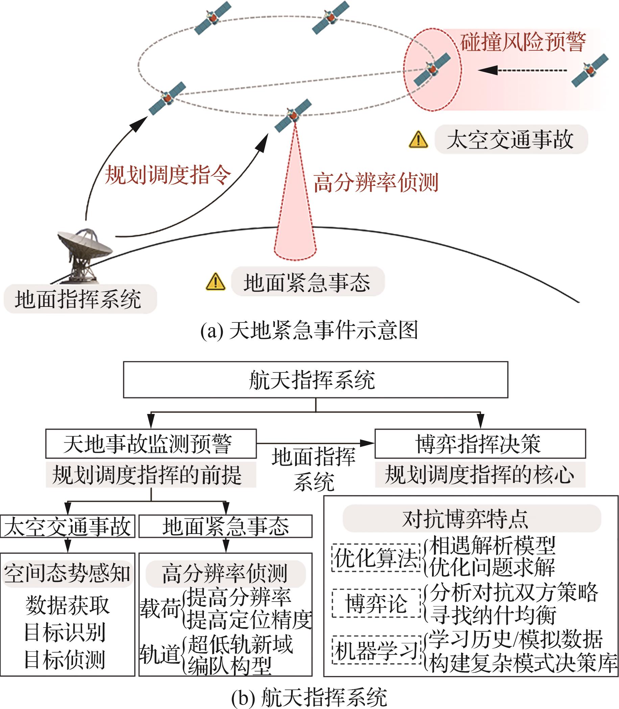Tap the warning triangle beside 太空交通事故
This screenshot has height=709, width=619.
(x=418, y=140)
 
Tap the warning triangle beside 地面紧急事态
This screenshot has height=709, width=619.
(x=215, y=282)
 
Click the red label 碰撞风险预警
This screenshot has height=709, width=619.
(x=523, y=42)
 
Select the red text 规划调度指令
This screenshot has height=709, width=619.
(x=168, y=174)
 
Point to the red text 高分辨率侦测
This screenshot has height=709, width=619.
(x=376, y=182)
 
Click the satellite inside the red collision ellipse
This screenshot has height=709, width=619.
(x=432, y=69)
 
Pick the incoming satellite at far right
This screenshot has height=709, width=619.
(x=589, y=70)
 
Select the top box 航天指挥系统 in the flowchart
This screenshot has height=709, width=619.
(x=315, y=380)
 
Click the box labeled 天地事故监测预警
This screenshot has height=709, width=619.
(x=151, y=444)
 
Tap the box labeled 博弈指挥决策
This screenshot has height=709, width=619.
(x=480, y=444)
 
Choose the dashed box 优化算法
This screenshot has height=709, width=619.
(x=376, y=558)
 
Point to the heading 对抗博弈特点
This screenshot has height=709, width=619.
(x=472, y=518)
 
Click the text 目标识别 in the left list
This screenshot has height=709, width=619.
(x=65, y=632)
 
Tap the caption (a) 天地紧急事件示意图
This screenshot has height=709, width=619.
(x=309, y=330)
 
